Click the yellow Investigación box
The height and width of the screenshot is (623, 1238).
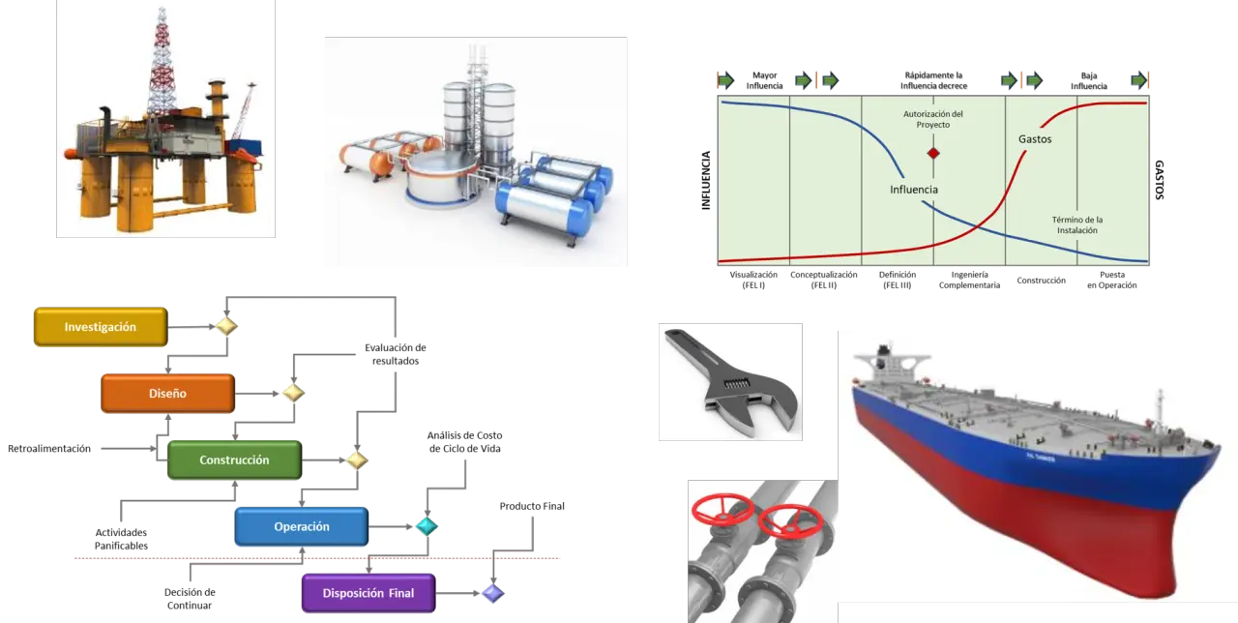coord(101,327)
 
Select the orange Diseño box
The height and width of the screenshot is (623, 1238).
coord(167,393)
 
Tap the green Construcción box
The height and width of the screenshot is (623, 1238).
coord(234,460)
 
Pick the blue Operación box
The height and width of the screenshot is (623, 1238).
coord(301,526)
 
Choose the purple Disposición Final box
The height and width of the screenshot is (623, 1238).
coord(368,593)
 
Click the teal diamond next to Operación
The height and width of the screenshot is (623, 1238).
coord(427,526)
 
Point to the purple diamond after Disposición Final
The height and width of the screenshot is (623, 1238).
coord(493,593)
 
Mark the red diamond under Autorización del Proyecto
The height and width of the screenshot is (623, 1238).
coord(933,153)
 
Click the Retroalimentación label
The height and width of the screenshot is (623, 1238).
coord(49,448)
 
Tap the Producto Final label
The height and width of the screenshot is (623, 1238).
coord(532,506)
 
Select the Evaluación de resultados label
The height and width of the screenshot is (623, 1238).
coord(396,354)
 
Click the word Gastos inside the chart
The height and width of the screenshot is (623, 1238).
coord(1035,139)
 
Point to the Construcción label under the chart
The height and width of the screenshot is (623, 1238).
coord(1042,281)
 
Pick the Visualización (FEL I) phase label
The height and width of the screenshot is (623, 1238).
coord(753,280)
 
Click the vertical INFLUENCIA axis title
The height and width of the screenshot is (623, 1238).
coord(706,180)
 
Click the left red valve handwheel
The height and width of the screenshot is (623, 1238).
coord(722,509)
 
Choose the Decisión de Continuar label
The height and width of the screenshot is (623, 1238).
coord(190,599)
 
